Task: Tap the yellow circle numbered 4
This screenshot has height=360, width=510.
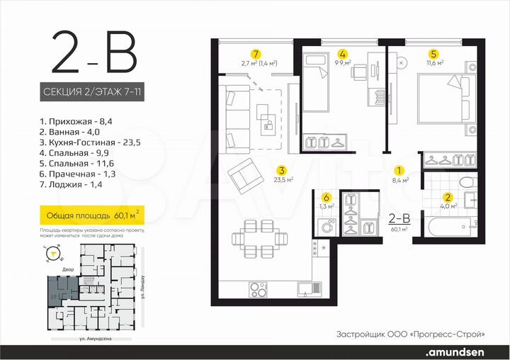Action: [342, 53]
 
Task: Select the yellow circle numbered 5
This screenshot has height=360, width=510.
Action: [433, 53]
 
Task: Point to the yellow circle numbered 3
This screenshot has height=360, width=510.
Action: [281, 170]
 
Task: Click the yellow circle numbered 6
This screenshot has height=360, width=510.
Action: [326, 198]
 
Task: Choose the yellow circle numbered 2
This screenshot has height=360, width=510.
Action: [447, 198]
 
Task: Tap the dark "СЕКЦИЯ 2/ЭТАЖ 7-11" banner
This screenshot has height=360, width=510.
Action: [92, 92]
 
